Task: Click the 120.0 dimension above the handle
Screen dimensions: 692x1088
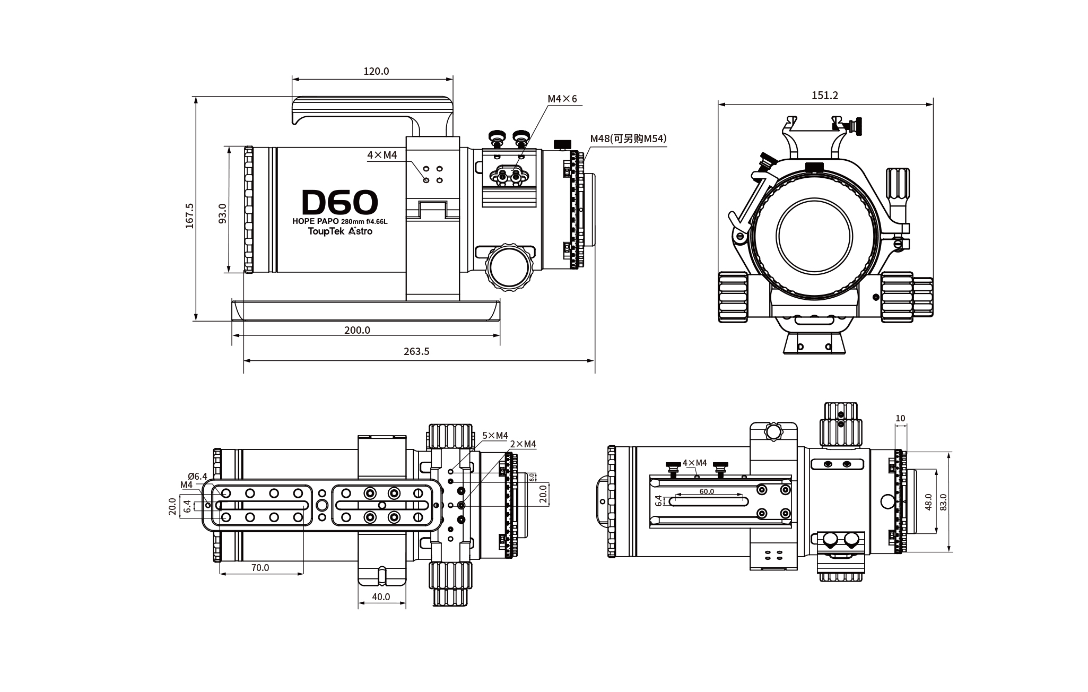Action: click(x=376, y=71)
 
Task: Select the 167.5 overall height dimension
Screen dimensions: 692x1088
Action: click(x=190, y=215)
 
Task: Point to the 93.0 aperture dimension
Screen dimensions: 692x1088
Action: click(x=223, y=213)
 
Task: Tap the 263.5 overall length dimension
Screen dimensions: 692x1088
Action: click(x=416, y=351)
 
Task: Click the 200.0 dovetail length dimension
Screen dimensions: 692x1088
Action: click(x=357, y=330)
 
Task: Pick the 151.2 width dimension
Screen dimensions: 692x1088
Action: click(x=825, y=96)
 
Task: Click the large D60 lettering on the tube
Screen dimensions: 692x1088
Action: click(x=340, y=202)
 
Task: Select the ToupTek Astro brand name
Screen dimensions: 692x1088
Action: click(x=340, y=231)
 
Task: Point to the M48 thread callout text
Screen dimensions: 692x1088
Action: click(x=628, y=139)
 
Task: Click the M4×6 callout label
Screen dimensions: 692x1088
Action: click(x=562, y=99)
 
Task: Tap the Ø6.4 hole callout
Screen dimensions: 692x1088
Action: click(x=197, y=476)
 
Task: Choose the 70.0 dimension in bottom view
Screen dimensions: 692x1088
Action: click(x=260, y=567)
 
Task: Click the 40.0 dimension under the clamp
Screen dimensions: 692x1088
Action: click(x=381, y=596)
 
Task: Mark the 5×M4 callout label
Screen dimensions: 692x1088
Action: click(x=495, y=436)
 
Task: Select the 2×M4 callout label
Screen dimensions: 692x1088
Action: click(x=523, y=444)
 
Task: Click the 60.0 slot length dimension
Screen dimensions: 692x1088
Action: click(x=707, y=491)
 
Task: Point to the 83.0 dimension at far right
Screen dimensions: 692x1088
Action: click(x=943, y=501)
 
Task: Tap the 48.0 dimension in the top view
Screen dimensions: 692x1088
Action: click(x=928, y=501)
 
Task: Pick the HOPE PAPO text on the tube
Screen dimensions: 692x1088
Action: click(x=315, y=221)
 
